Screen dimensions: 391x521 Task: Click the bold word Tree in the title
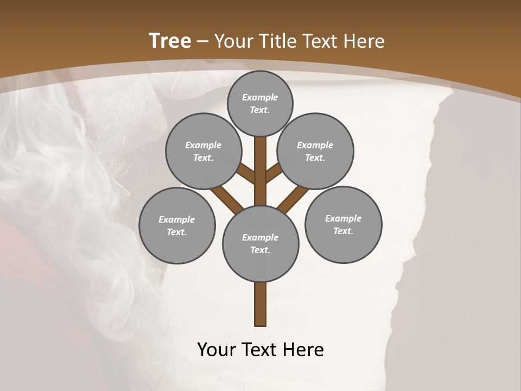coord(170,41)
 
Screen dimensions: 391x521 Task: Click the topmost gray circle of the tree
coord(260,103)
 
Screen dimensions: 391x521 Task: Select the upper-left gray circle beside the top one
coord(203,151)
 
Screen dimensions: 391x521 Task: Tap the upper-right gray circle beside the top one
coord(315,151)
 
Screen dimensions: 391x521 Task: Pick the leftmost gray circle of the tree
coord(177,225)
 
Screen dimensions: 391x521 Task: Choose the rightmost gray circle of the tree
coord(343,224)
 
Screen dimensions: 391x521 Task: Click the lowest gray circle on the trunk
coord(260,243)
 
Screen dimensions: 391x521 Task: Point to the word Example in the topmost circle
coord(260,97)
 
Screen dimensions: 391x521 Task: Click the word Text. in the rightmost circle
coord(343,231)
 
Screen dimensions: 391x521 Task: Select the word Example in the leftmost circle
coord(176,219)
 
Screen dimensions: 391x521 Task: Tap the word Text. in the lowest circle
coord(260,250)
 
